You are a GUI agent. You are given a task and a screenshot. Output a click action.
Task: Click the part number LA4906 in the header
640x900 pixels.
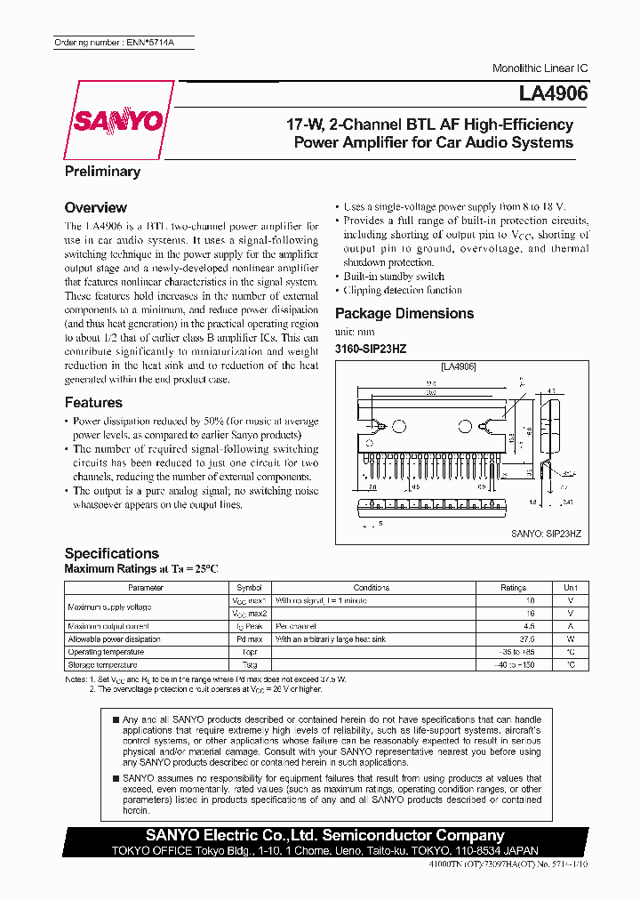point(553,92)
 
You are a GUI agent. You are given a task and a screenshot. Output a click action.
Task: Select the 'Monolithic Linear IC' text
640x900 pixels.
point(540,68)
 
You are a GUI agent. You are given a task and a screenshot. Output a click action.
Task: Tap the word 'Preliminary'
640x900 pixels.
point(102,172)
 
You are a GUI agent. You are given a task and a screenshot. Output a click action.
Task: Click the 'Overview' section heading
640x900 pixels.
point(96,207)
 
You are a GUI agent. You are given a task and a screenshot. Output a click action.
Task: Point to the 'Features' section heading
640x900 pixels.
point(93,402)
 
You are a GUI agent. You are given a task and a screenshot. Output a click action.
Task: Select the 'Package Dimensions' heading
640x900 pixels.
point(404,313)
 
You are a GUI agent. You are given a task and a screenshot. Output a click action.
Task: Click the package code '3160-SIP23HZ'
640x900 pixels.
point(370,349)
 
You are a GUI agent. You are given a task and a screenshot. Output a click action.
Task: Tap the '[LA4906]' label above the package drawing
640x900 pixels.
point(458,366)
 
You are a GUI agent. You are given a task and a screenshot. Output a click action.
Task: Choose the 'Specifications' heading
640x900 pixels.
point(111,553)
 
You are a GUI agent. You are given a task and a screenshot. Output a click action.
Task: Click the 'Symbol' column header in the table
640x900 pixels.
point(249,588)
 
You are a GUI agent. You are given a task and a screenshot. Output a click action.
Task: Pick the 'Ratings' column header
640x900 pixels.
point(513,588)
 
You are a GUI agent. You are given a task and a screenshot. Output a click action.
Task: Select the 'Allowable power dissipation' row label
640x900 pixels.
point(114,639)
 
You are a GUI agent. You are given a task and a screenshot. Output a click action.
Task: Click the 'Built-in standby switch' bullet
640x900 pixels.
point(394,277)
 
